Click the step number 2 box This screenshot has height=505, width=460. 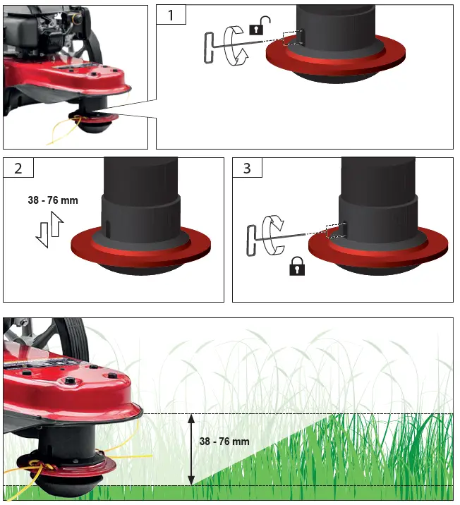(x=18, y=168)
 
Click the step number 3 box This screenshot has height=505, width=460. (x=247, y=168)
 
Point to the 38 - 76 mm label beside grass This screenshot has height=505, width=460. (x=224, y=441)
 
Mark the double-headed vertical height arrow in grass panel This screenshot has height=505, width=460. (x=190, y=449)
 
